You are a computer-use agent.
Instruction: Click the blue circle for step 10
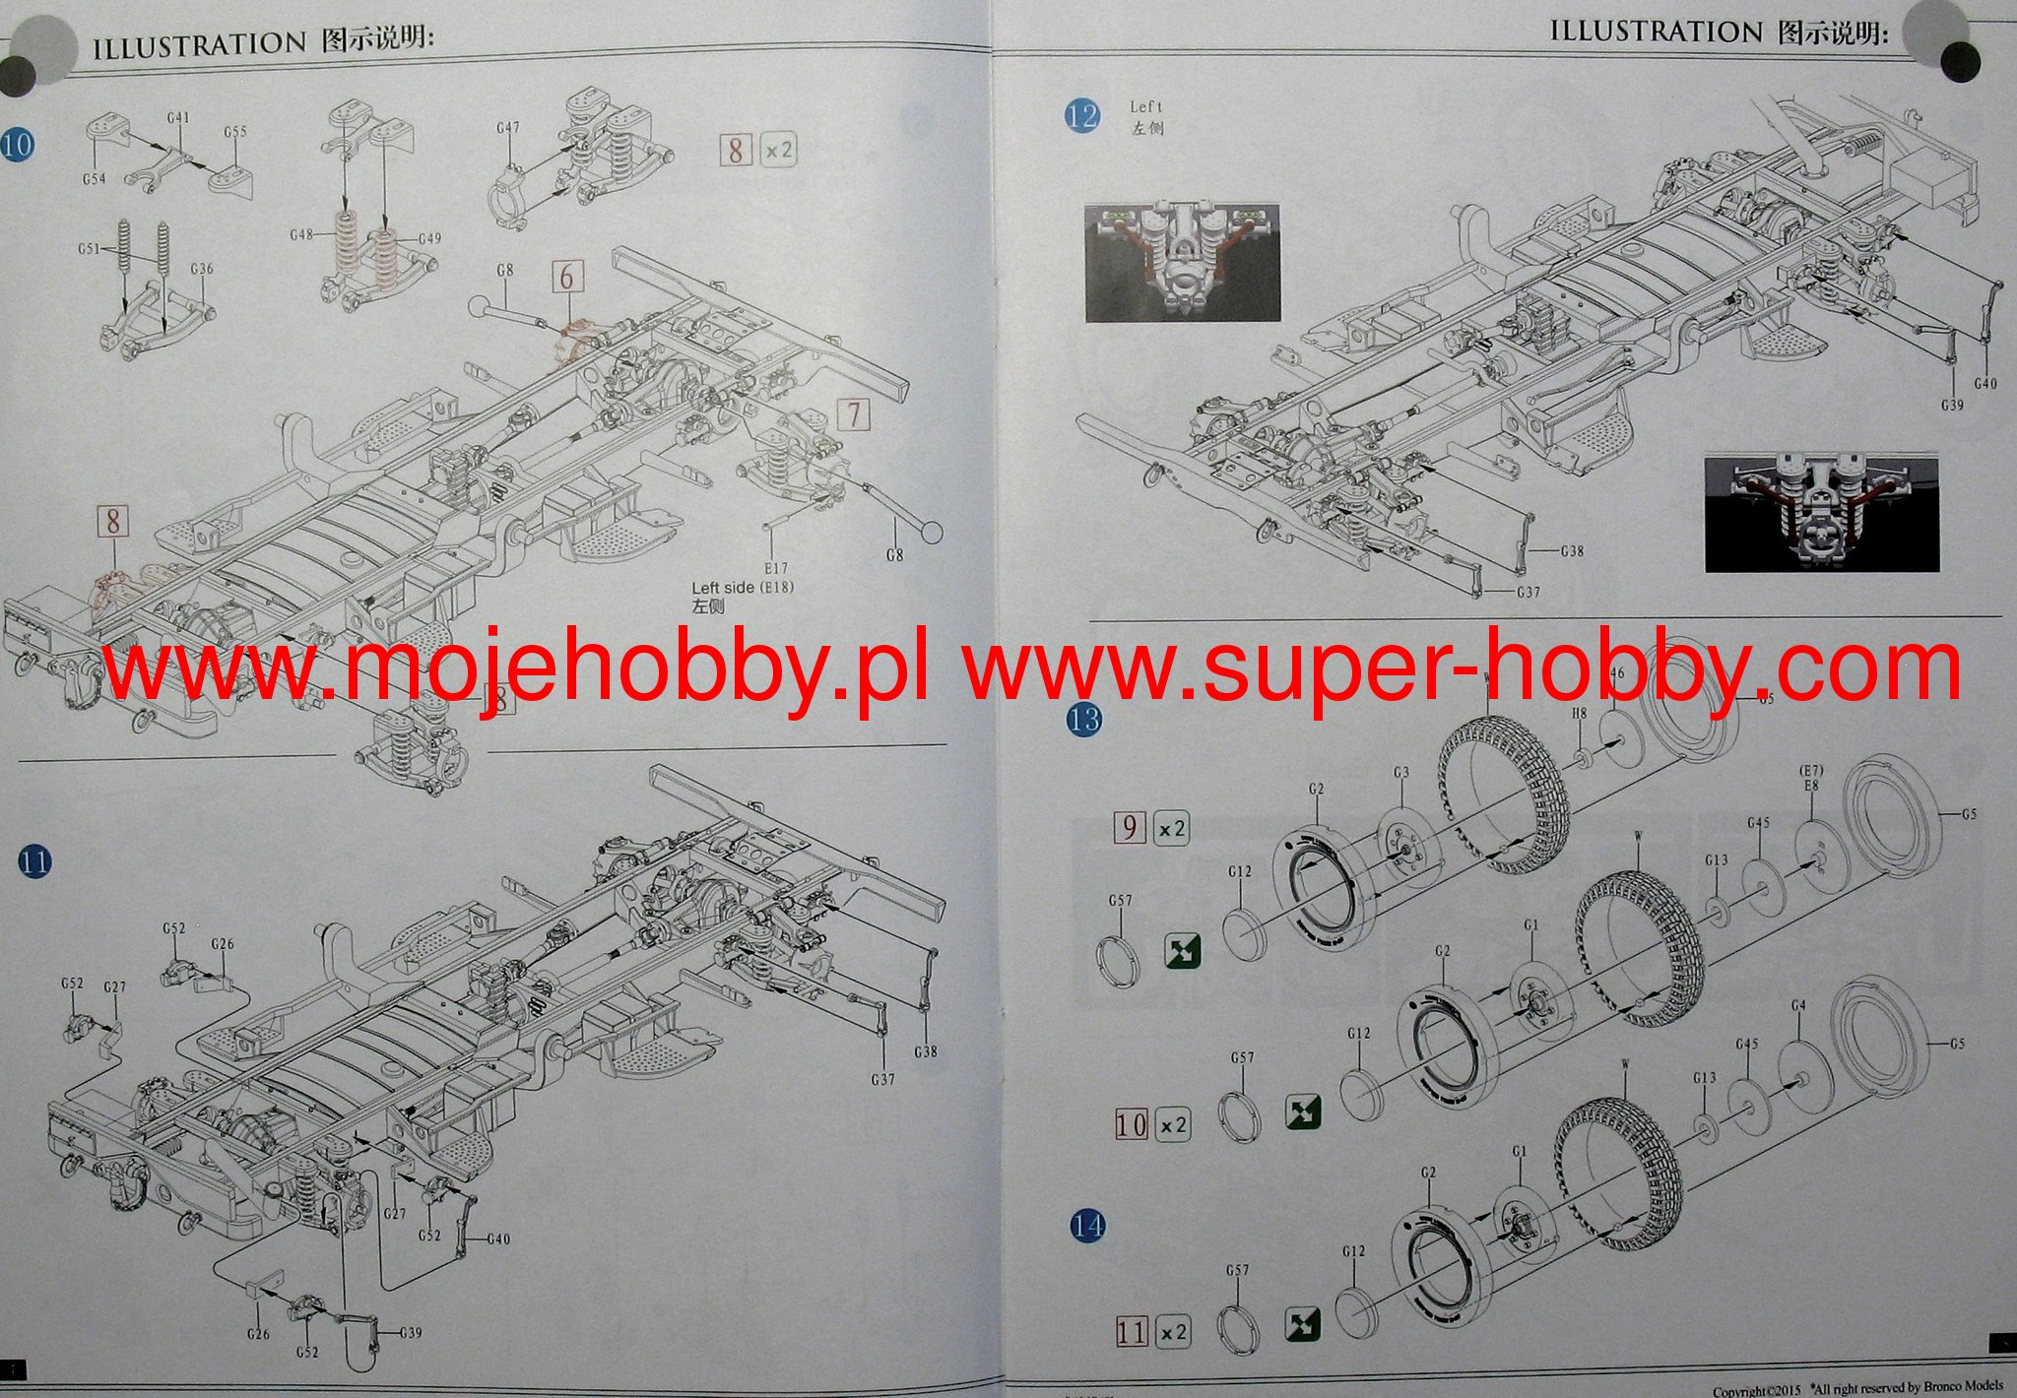[18, 146]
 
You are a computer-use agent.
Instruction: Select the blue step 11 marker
[34, 863]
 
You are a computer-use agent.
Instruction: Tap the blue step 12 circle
[1082, 116]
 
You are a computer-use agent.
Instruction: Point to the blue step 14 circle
[1087, 1226]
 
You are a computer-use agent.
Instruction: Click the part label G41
[177, 118]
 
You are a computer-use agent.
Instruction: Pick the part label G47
[507, 128]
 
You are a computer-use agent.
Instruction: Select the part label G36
[201, 269]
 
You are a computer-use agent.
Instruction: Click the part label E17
[775, 568]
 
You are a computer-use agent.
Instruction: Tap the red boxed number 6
[566, 277]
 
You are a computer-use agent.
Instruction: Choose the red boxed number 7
[854, 414]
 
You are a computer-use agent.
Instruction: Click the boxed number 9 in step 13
[1129, 827]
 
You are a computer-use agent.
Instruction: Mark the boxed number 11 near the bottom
[1132, 1332]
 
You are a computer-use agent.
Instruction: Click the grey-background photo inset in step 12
[1183, 262]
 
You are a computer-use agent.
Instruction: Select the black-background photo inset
[1822, 513]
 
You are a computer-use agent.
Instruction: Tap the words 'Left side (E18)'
[742, 588]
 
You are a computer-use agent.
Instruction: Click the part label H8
[1579, 713]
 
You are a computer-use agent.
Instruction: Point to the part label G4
[1797, 1006]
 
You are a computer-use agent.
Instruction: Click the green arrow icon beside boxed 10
[1303, 1112]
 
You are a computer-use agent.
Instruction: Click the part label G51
[88, 249]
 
